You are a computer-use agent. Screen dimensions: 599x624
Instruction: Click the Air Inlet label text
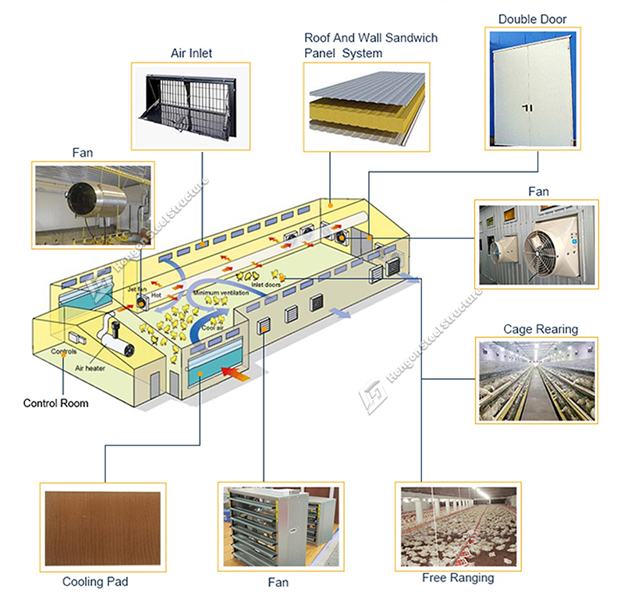(x=191, y=54)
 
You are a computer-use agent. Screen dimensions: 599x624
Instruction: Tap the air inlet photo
(x=191, y=107)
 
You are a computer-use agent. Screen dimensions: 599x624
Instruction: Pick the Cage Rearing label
(x=541, y=329)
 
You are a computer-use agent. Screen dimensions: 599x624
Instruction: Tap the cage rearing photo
(x=536, y=381)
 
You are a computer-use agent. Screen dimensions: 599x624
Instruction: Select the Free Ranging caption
(x=458, y=578)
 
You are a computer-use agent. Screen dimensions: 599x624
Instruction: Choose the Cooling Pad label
(x=95, y=582)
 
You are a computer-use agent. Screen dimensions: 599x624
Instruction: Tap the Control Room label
(x=55, y=403)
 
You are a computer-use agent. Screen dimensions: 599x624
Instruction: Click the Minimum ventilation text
(x=222, y=292)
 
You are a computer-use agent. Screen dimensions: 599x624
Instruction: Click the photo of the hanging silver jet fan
(x=92, y=204)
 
